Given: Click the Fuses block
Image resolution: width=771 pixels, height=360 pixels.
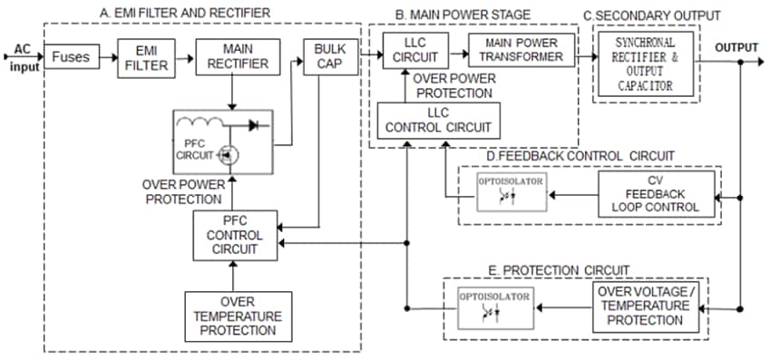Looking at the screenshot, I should point(70,57).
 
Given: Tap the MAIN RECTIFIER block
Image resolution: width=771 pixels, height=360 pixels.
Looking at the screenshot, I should point(232,57).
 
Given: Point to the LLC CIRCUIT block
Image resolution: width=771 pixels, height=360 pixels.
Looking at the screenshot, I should point(409,50).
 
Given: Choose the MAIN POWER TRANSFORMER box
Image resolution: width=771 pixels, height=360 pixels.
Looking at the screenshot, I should point(521,50).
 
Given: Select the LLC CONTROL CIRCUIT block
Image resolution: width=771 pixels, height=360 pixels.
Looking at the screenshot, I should point(439,121).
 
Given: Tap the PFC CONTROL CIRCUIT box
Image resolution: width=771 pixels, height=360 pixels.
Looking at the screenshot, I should point(233,234).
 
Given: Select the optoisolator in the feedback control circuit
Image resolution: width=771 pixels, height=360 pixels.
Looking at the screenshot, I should point(512,191).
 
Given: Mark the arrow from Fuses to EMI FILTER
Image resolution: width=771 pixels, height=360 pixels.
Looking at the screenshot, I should point(105,57).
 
